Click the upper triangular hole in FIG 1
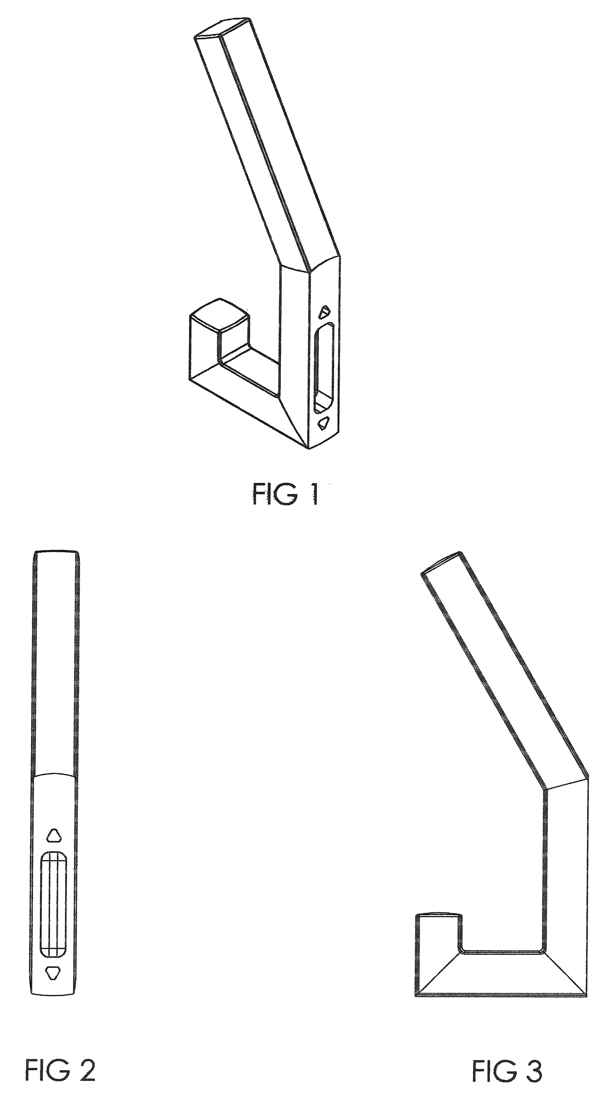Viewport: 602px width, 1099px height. (325, 310)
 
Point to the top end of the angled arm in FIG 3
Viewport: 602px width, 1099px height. (442, 562)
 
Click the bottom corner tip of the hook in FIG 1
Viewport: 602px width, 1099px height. (308, 448)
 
